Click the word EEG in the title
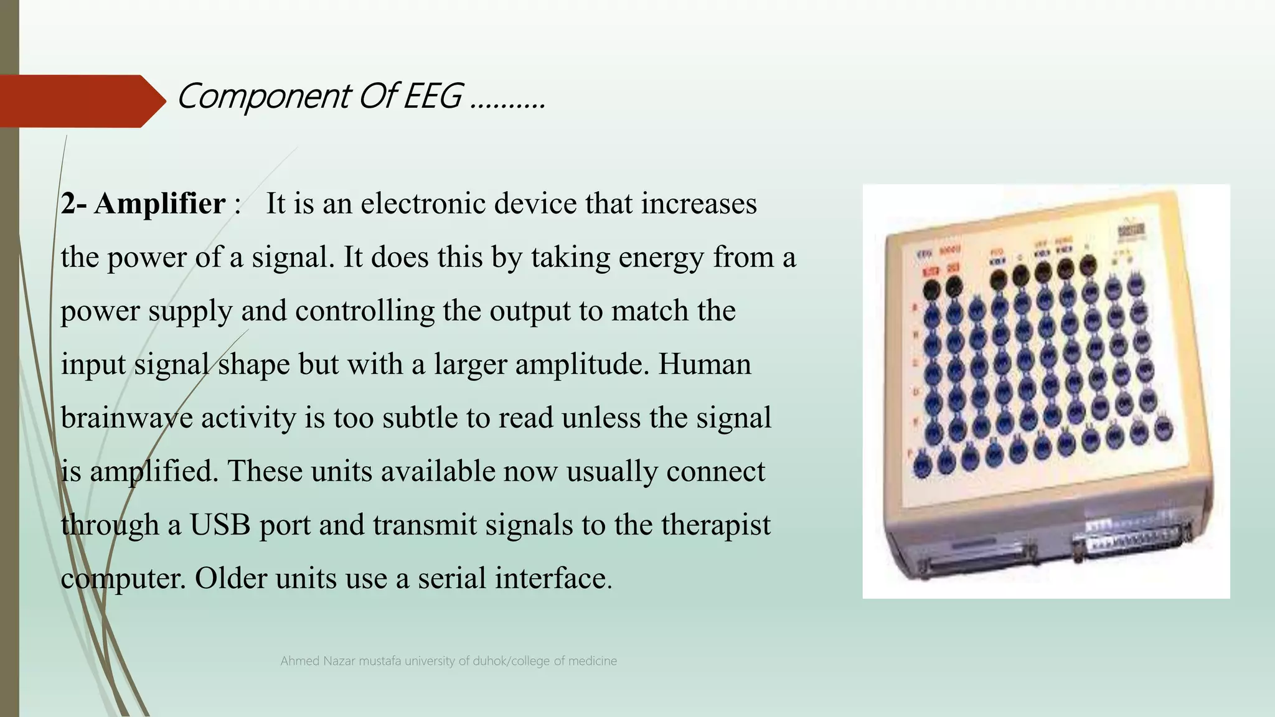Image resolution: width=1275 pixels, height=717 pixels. (x=433, y=97)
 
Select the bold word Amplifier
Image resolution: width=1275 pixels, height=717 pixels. (x=159, y=204)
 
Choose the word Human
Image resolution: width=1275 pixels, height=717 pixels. (x=704, y=365)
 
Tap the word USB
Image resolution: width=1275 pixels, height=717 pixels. (x=220, y=525)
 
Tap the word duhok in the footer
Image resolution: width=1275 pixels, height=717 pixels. (x=491, y=661)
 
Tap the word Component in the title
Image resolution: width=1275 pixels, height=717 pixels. (x=263, y=97)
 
